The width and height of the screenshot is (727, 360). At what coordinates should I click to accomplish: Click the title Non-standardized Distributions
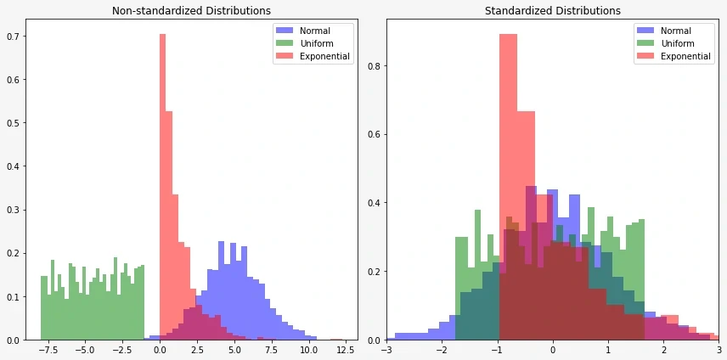tap(191, 11)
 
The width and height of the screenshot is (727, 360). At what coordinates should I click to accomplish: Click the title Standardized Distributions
tap(552, 11)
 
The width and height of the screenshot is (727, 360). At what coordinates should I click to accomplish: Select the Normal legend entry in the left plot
tap(314, 31)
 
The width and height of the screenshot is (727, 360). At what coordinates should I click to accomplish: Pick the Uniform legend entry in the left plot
tap(316, 43)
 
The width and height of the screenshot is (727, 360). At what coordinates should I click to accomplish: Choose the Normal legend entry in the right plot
tap(675, 31)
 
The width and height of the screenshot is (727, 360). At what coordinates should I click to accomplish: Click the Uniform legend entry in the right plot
tap(677, 43)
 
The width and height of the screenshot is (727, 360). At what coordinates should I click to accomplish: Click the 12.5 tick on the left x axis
tap(343, 349)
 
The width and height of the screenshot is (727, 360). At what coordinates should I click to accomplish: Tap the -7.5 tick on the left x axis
tap(48, 349)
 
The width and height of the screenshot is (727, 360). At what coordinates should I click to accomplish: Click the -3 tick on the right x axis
tap(387, 349)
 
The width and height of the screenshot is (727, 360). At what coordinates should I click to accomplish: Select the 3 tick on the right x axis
tap(718, 349)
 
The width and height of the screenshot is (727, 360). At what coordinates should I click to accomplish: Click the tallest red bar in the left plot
tap(161, 187)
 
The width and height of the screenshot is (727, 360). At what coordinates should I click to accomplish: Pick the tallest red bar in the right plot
tap(508, 187)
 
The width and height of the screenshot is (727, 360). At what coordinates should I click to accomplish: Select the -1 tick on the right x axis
tap(498, 349)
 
